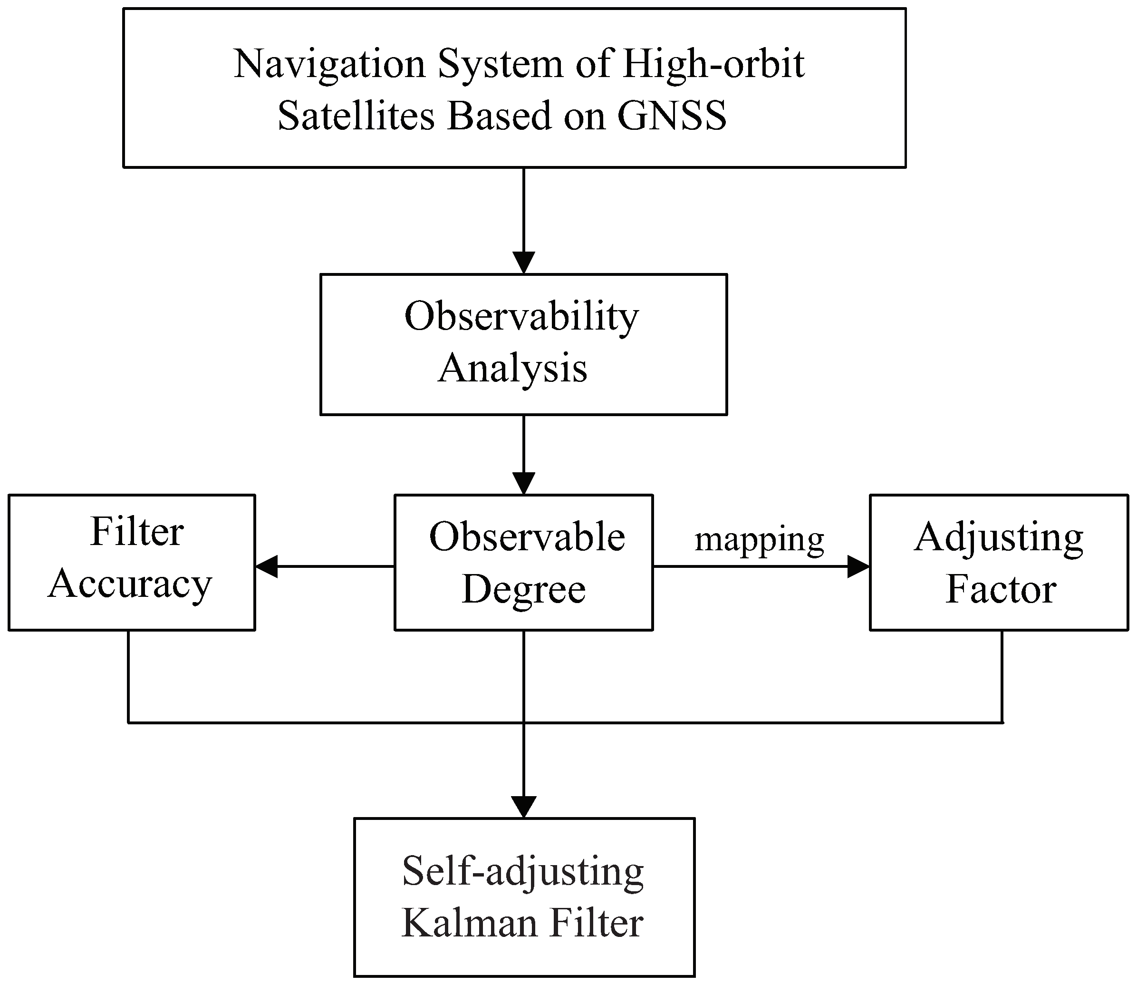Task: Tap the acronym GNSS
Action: pos(672,116)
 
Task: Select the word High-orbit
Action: pos(713,65)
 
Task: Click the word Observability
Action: pos(521,318)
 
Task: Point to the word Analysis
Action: pos(512,369)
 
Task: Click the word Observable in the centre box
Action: pos(527,537)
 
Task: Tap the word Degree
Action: pos(523,590)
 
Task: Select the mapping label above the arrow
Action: pos(760,540)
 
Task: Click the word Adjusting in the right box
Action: pos(999,538)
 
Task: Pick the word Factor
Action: pos(1001,590)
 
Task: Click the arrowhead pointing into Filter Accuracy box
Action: pos(267,566)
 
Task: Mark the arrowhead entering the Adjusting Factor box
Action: pos(858,566)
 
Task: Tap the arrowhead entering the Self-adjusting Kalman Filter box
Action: pos(523,807)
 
